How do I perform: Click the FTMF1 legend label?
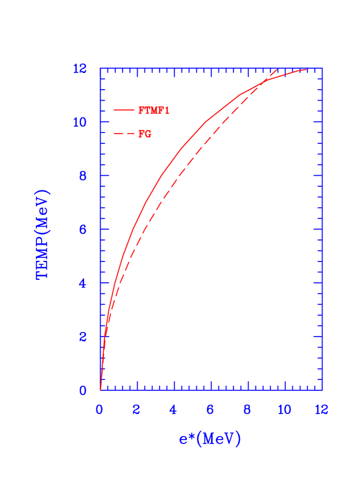click(x=154, y=110)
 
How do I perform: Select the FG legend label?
click(x=145, y=134)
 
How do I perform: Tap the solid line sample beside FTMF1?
click(x=124, y=110)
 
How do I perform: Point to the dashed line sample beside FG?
click(x=124, y=134)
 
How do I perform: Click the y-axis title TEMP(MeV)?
click(x=43, y=234)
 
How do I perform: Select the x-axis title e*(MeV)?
click(x=209, y=439)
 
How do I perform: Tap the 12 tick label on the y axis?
click(x=80, y=69)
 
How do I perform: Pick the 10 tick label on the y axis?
click(x=80, y=122)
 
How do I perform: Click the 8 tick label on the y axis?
click(x=83, y=176)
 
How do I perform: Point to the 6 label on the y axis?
click(x=83, y=230)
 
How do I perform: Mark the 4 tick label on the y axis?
click(x=83, y=283)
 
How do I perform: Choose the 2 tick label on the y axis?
click(x=83, y=337)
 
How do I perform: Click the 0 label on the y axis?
click(x=83, y=390)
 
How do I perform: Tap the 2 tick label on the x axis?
click(x=136, y=409)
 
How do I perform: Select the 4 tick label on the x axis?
click(x=173, y=409)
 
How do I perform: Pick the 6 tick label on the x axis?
click(x=210, y=409)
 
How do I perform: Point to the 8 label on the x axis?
click(x=247, y=409)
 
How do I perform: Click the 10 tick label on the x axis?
click(x=284, y=409)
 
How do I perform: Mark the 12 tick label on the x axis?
click(x=321, y=409)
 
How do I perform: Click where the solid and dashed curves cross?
click(x=264, y=80)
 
